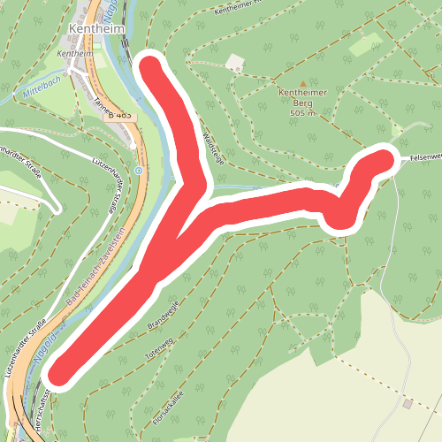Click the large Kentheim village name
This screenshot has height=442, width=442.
tap(94, 31)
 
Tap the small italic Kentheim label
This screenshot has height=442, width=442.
tap(74, 53)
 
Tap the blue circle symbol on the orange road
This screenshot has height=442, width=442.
tap(139, 170)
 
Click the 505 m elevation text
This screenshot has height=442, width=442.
tap(302, 112)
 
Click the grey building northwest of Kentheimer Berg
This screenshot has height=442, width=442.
tap(235, 63)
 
